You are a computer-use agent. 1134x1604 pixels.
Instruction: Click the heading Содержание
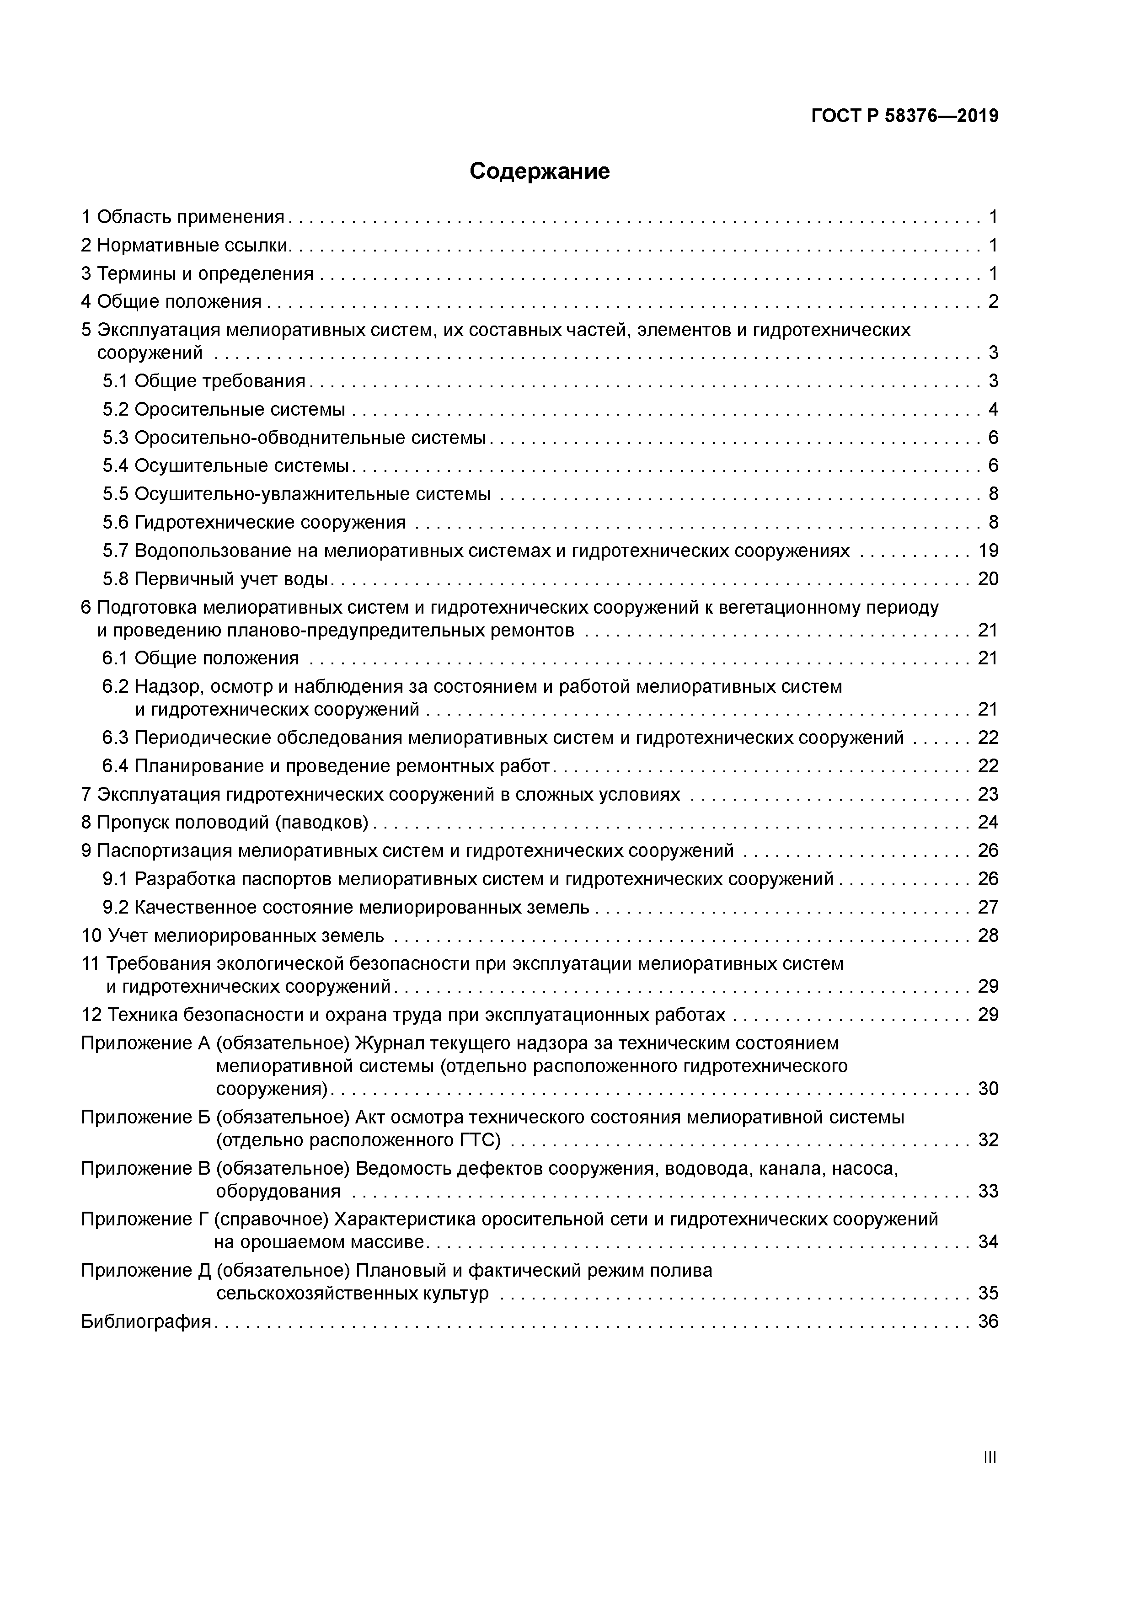coord(540,171)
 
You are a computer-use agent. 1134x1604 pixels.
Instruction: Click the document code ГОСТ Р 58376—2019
coord(905,116)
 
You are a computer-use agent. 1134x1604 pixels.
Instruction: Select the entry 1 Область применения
coord(183,217)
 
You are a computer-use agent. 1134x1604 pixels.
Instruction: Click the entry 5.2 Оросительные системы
coord(224,409)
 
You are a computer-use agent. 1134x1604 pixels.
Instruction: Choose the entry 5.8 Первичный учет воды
coord(215,579)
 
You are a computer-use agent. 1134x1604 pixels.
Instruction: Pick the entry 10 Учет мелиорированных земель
coord(233,936)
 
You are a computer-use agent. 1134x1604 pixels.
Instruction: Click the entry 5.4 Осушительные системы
coord(225,466)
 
